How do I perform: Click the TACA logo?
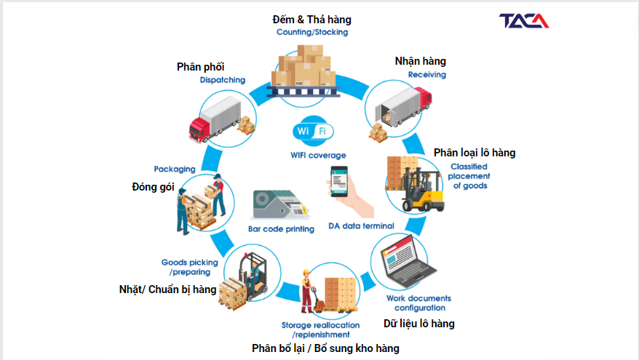pos(524,21)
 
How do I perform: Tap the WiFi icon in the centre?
pos(312,132)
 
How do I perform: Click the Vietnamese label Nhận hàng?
pos(420,61)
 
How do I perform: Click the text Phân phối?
pos(200,67)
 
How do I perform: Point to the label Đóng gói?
pos(154,187)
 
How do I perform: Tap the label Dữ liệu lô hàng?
pos(418,324)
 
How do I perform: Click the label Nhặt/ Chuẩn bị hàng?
pos(167,289)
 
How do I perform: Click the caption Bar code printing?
pos(281,229)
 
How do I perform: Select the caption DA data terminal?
pos(362,225)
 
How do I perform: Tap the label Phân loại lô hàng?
pos(475,153)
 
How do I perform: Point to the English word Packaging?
pos(175,169)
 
